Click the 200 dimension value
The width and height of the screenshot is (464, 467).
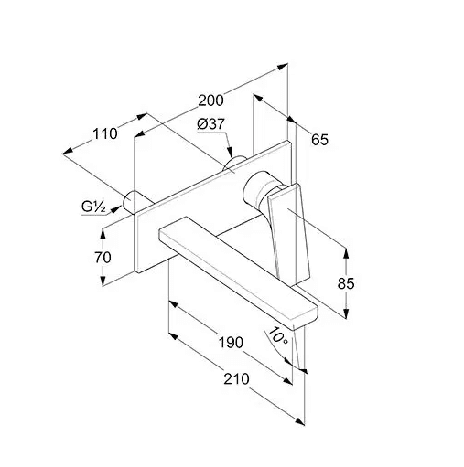click(210, 101)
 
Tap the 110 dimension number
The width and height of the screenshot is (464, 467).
click(105, 133)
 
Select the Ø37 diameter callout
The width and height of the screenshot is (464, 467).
click(210, 124)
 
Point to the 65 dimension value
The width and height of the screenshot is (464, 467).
click(319, 140)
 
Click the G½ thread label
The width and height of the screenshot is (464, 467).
click(94, 207)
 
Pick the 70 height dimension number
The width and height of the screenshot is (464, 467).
click(103, 258)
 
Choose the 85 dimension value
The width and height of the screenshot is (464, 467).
click(346, 283)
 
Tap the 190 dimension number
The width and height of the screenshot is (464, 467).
click(231, 343)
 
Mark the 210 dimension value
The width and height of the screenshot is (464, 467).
click(236, 379)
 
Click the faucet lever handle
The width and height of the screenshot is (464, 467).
click(288, 232)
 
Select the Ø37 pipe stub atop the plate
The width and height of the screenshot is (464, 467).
click(234, 163)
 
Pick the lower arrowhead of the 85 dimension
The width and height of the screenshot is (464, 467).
click(346, 313)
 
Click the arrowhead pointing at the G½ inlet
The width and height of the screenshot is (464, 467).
click(116, 209)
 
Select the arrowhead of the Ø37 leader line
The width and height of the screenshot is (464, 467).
click(231, 152)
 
